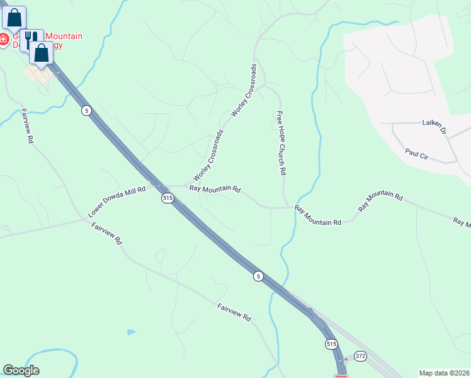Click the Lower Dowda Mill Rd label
point(117,202)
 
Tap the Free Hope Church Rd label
point(281,143)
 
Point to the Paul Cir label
point(417,154)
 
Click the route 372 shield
point(360,356)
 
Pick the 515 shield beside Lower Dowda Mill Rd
point(167,198)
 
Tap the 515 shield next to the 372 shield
point(332,344)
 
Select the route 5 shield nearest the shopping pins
point(86,110)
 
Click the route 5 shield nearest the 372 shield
point(258,276)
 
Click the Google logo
point(21,370)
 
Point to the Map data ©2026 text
point(444,372)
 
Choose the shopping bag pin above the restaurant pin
point(14,18)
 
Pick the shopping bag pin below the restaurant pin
point(42,54)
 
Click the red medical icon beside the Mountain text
point(4,40)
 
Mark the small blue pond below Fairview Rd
point(131,331)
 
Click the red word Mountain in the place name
point(62,36)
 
